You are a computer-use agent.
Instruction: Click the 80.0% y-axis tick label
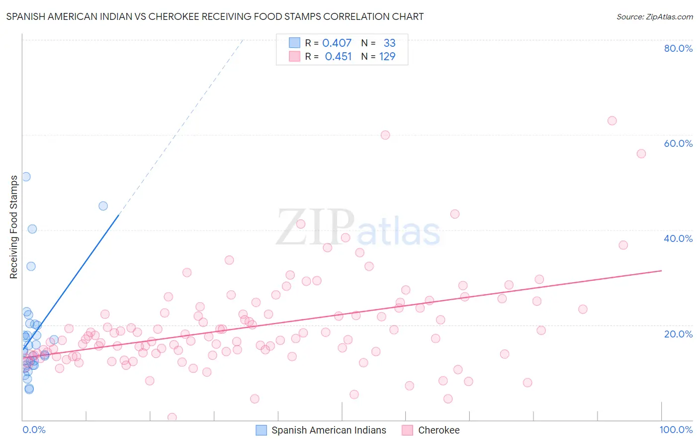[x=678, y=48]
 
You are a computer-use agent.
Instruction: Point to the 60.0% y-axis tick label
[x=678, y=143]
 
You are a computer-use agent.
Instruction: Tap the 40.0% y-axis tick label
[x=678, y=238]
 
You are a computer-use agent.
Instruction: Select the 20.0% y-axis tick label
[x=678, y=333]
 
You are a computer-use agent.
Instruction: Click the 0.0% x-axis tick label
[x=34, y=430]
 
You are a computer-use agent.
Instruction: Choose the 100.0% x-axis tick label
[x=676, y=430]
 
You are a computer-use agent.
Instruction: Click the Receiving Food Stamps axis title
[x=14, y=227]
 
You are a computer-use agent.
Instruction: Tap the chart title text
[x=215, y=16]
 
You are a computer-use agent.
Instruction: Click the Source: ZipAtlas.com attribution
[x=654, y=16]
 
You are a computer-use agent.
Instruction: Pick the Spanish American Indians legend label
[x=329, y=430]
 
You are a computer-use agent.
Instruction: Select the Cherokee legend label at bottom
[x=438, y=430]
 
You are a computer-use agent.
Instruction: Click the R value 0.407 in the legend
[x=337, y=43]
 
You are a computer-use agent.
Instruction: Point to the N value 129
[x=387, y=57]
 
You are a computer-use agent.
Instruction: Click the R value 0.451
[x=338, y=57]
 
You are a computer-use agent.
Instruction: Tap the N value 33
[x=389, y=43]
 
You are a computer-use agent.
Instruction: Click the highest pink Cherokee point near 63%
[x=612, y=121]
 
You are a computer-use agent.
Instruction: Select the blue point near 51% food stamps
[x=26, y=177]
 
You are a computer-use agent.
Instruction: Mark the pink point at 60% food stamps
[x=385, y=135]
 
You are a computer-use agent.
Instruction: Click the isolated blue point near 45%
[x=103, y=206]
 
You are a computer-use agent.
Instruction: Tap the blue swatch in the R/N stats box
[x=294, y=43]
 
